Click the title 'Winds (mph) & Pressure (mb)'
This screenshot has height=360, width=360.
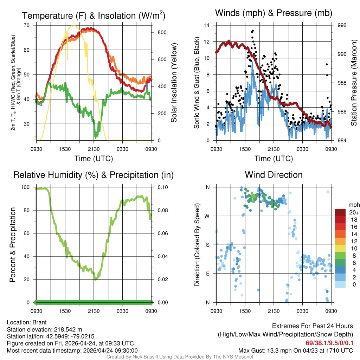coord(274,13)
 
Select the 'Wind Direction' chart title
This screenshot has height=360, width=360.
coord(274,175)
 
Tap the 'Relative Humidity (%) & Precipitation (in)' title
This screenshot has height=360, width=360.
coord(93,175)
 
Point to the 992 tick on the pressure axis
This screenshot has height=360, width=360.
coord(343,25)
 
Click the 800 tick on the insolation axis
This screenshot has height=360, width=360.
coord(162,32)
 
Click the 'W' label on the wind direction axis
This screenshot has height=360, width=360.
coord(207,216)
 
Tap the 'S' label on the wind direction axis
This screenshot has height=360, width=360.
coord(208,245)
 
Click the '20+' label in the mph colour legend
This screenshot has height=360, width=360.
coord(353,213)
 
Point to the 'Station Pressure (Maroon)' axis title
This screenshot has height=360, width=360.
coord(354,83)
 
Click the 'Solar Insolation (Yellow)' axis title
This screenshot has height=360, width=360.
coord(174,83)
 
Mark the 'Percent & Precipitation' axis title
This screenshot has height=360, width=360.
coord(13,245)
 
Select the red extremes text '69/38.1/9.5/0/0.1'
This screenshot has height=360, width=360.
coord(329,343)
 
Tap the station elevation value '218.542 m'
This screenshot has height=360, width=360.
coord(68,329)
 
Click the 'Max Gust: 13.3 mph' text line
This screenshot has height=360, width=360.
coord(296,350)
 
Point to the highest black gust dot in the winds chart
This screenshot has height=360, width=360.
coord(252,31)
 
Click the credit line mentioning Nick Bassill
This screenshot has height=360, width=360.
coord(180,357)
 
